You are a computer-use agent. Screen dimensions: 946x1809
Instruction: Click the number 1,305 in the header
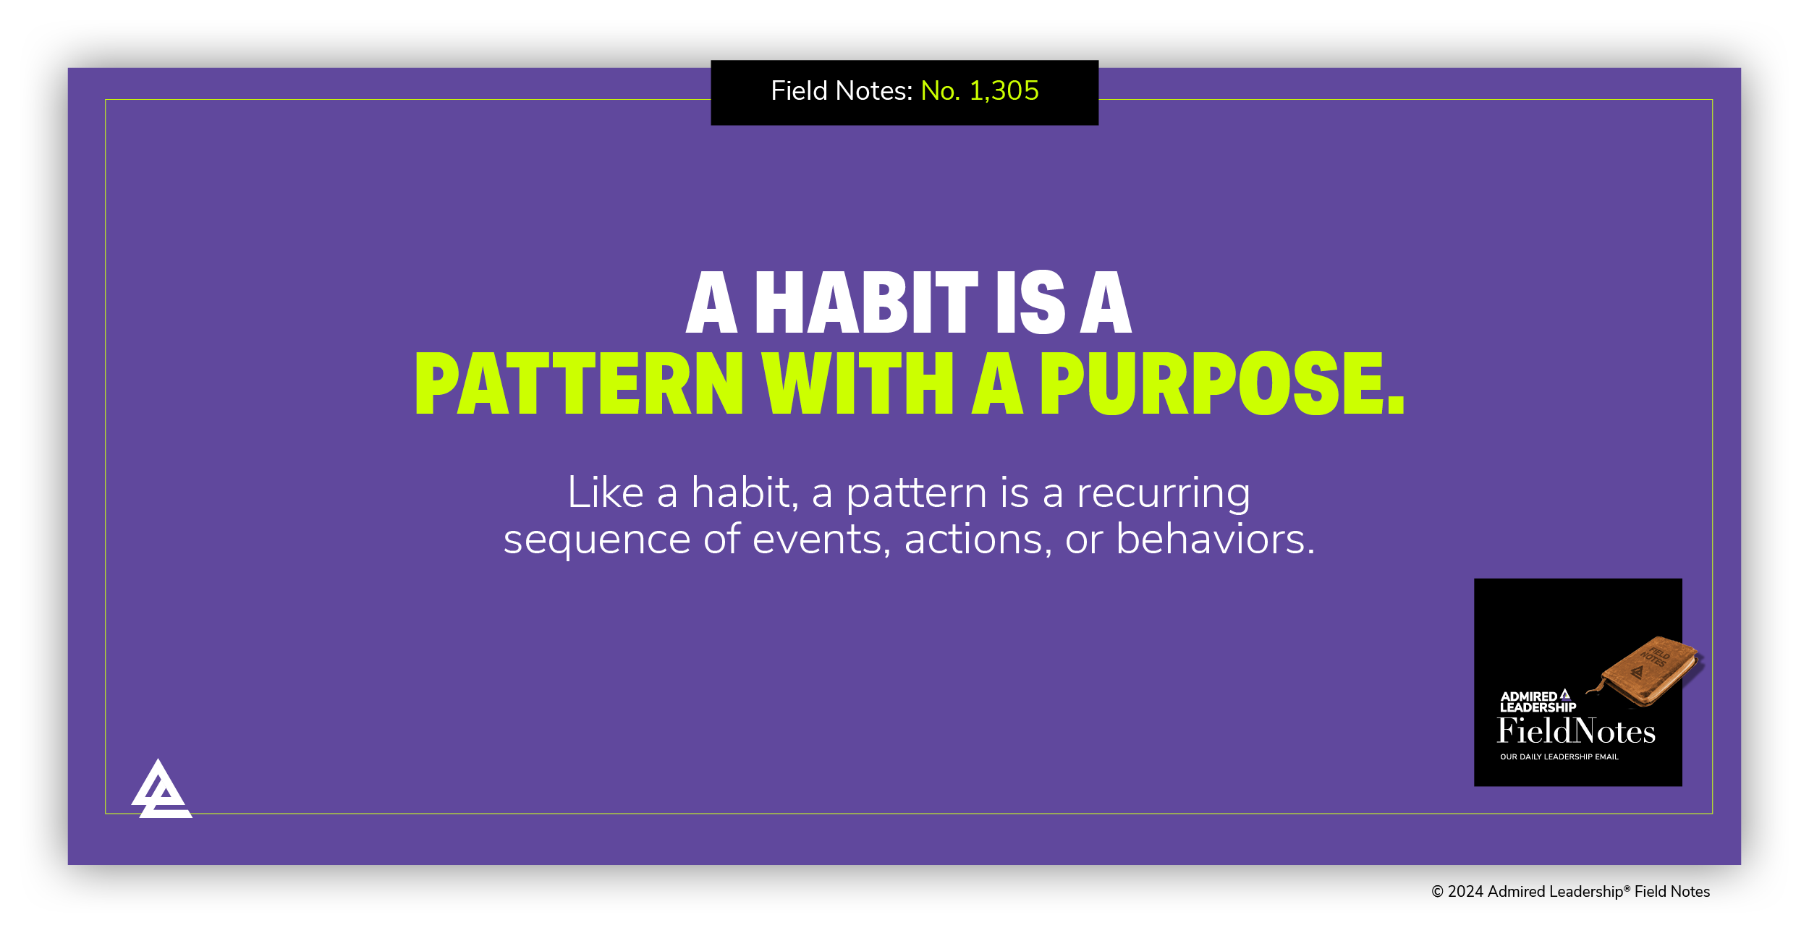coord(1004,91)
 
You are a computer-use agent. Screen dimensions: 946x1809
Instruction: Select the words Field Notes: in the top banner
coord(842,91)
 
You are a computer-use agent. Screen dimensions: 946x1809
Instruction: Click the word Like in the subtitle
coord(605,493)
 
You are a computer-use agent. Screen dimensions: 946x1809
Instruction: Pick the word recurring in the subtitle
coord(1163,495)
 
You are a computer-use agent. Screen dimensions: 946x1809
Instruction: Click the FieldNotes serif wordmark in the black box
coord(1576,732)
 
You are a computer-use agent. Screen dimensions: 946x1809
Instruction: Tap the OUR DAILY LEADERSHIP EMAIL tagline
coord(1559,757)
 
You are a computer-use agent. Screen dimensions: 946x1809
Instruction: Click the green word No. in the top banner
coord(940,91)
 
